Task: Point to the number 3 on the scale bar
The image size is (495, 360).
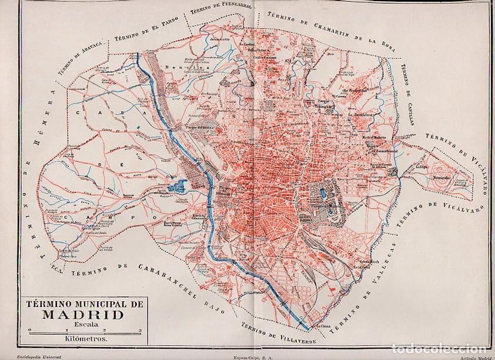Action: point(140,331)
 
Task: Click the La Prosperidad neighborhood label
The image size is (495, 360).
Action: point(355,91)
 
